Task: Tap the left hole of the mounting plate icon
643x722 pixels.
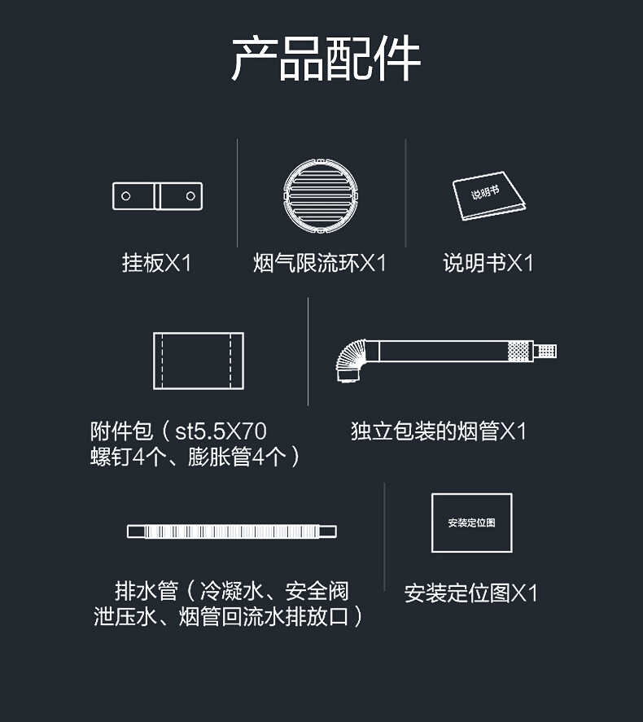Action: click(x=126, y=196)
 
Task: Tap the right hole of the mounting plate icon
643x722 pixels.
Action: click(x=190, y=196)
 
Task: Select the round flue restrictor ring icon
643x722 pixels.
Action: click(x=321, y=195)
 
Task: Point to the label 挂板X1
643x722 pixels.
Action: click(x=157, y=263)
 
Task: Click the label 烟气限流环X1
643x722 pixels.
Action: click(x=320, y=263)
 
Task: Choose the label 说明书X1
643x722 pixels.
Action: click(x=488, y=263)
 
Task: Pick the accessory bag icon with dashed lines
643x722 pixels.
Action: click(x=199, y=361)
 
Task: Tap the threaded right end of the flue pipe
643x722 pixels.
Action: click(x=544, y=352)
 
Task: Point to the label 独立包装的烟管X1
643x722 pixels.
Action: click(x=439, y=431)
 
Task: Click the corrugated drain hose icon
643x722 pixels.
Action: click(x=232, y=532)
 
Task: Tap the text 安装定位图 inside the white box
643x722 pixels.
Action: click(x=471, y=523)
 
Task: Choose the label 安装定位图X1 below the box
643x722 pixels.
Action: click(x=471, y=593)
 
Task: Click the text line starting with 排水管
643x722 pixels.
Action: click(x=232, y=589)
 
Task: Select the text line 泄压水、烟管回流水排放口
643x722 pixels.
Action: click(x=229, y=616)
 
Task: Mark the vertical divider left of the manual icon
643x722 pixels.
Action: click(x=406, y=192)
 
